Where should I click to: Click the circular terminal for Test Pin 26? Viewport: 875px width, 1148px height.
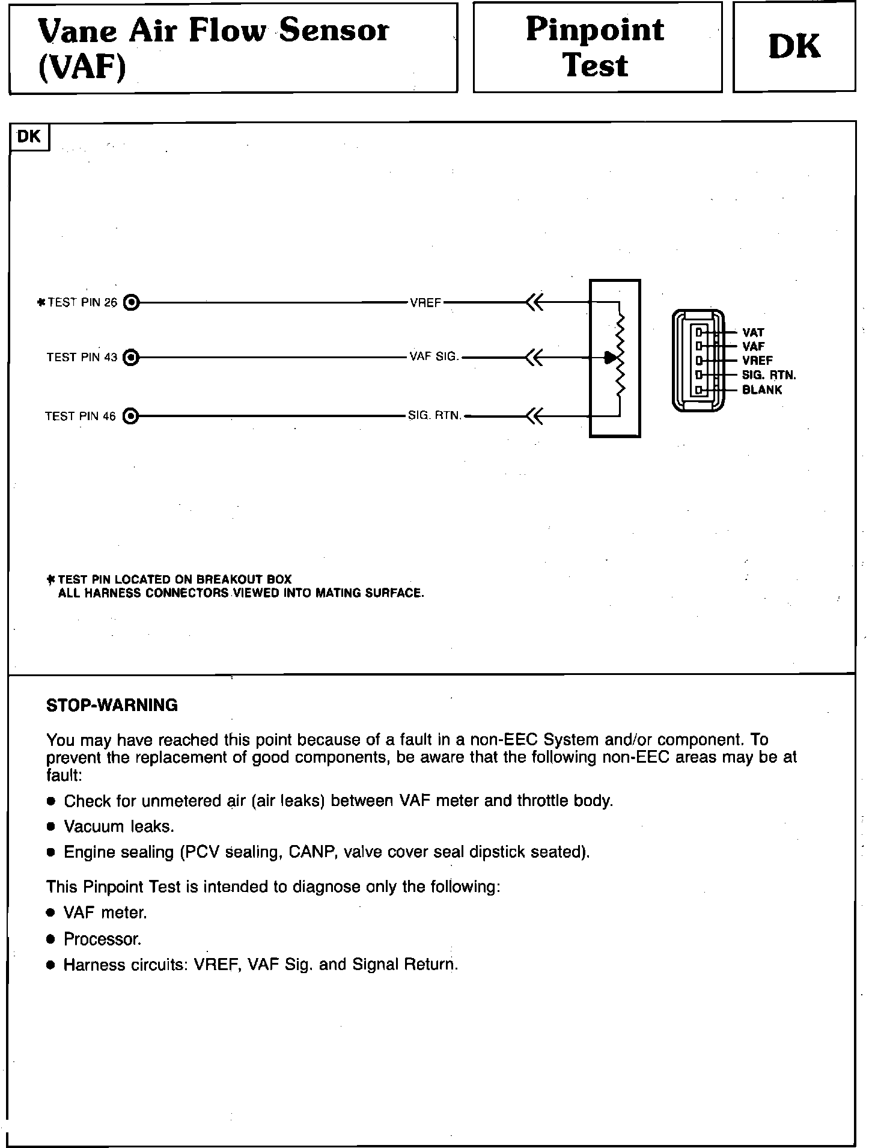click(131, 302)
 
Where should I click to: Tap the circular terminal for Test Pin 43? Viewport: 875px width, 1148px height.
click(131, 358)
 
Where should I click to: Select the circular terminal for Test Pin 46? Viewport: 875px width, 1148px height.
click(131, 416)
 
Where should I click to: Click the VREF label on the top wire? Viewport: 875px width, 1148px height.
click(425, 303)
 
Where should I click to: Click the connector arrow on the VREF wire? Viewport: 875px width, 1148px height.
click(534, 302)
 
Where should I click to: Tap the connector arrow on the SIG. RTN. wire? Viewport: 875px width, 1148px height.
click(534, 416)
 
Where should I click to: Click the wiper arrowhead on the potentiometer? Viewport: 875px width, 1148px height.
click(611, 358)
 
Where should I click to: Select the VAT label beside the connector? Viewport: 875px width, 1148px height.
click(753, 332)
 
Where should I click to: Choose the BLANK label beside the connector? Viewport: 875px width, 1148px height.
click(762, 389)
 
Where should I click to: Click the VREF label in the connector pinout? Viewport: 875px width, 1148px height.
click(757, 361)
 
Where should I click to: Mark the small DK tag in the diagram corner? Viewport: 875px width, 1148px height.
click(29, 137)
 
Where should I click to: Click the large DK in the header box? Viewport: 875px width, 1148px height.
click(794, 47)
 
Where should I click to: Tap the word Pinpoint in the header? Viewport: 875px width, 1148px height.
click(595, 30)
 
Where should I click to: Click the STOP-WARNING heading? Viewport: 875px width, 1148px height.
click(112, 705)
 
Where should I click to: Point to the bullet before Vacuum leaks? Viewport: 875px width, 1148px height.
click(52, 827)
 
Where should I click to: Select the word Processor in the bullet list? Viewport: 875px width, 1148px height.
click(102, 939)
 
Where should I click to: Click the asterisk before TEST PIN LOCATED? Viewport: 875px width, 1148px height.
click(51, 579)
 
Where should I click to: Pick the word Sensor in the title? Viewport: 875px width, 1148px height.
click(334, 30)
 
